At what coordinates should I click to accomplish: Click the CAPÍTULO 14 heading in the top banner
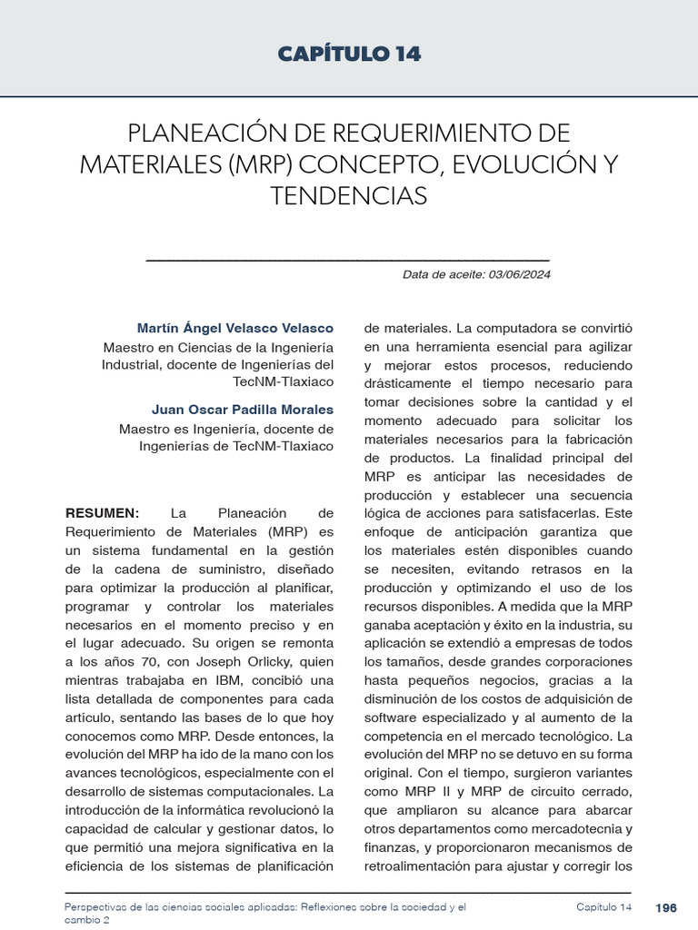[x=349, y=54]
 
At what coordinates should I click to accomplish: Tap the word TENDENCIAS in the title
[x=348, y=195]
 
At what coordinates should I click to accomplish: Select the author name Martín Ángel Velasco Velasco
[x=234, y=328]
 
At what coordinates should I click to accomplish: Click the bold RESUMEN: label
[x=103, y=513]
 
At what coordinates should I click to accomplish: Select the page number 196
[x=666, y=907]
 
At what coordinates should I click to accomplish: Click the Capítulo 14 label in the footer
[x=603, y=907]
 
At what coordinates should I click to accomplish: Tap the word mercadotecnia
[x=583, y=829]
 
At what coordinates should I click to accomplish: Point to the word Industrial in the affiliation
[x=135, y=365]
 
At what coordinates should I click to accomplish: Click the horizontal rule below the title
[x=348, y=261]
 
